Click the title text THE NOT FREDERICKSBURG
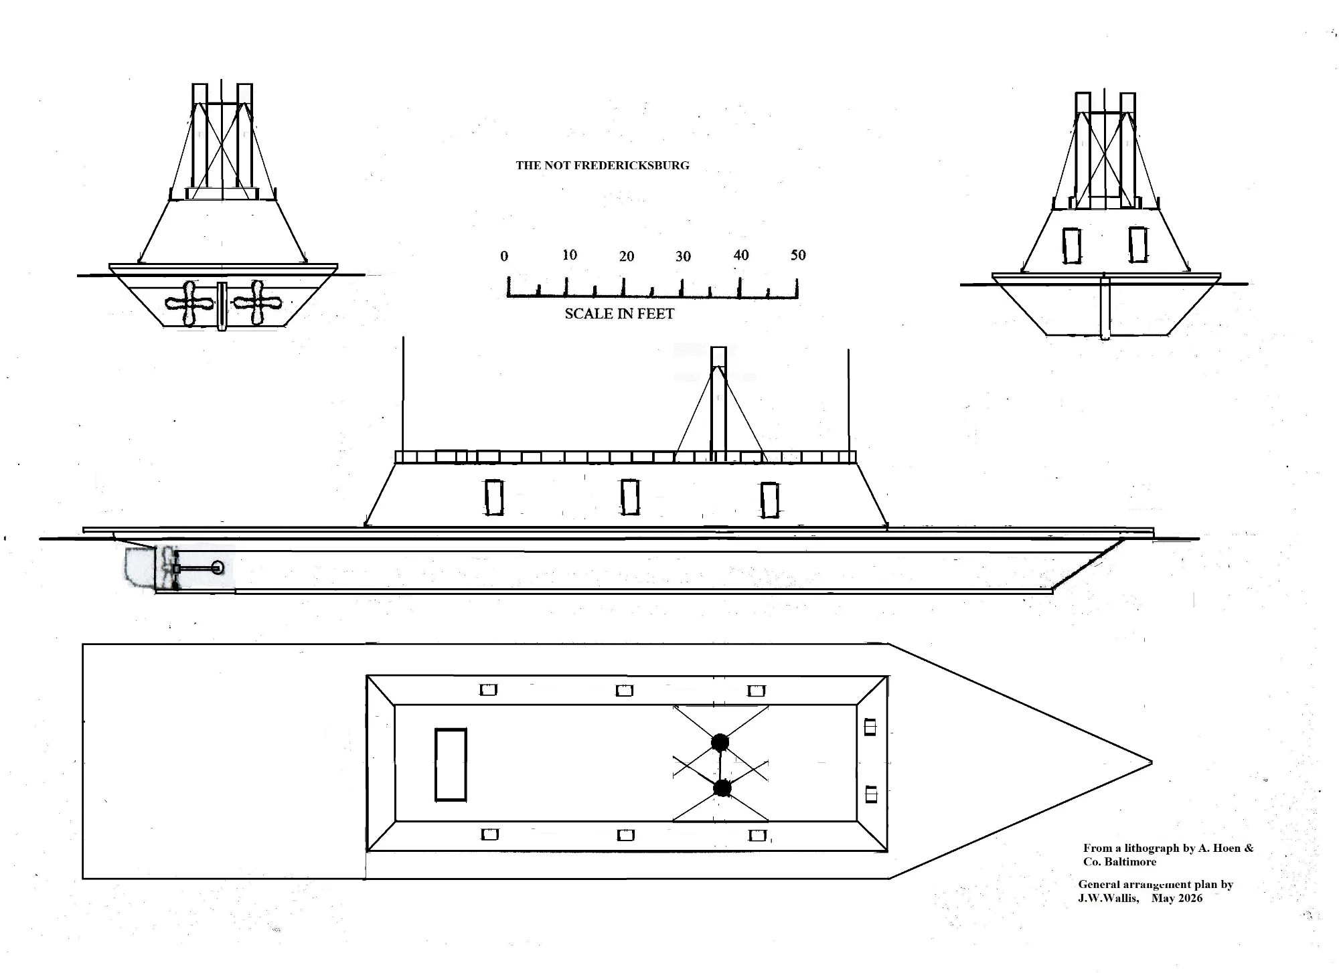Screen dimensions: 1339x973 coord(602,165)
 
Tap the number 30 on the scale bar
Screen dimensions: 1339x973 coord(683,256)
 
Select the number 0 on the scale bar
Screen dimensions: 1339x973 coord(504,256)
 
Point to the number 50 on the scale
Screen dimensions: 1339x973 coord(798,255)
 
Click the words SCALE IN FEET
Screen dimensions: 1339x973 coord(619,314)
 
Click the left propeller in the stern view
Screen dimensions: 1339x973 coord(189,304)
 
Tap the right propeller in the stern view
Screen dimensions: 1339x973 coord(257,303)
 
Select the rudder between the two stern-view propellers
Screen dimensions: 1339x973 coord(222,306)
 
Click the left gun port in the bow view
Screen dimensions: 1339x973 coord(1072,246)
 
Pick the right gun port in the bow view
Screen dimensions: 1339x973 coord(1137,244)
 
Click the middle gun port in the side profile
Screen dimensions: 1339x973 coord(629,497)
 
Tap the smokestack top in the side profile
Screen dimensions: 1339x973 coord(718,356)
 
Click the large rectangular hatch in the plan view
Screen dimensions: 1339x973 coord(451,764)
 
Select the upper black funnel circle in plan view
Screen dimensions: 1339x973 coord(720,742)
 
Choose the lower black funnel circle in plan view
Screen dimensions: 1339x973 coord(722,788)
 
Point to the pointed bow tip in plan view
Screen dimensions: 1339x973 coord(1152,762)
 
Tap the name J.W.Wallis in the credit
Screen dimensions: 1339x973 coord(1108,898)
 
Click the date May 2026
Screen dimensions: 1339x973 coord(1177,898)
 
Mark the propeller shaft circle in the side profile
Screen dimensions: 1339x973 coord(218,568)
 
